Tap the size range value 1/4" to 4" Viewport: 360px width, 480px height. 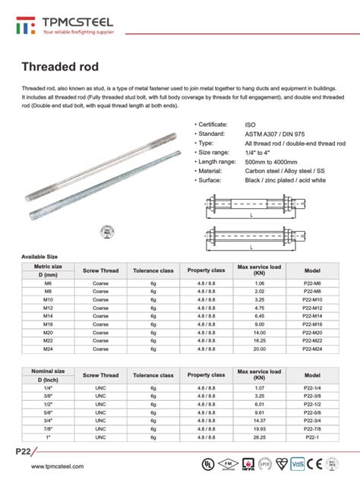tap(261, 152)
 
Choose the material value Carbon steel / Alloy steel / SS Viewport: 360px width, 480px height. tap(289, 171)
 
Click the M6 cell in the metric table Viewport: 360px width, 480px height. tap(48, 283)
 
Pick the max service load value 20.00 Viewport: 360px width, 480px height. tap(259, 349)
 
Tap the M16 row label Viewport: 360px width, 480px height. tap(48, 324)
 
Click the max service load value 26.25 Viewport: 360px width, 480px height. tap(259, 438)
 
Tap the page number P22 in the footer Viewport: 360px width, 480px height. tap(24, 453)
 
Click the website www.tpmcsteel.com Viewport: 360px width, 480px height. tap(53, 467)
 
